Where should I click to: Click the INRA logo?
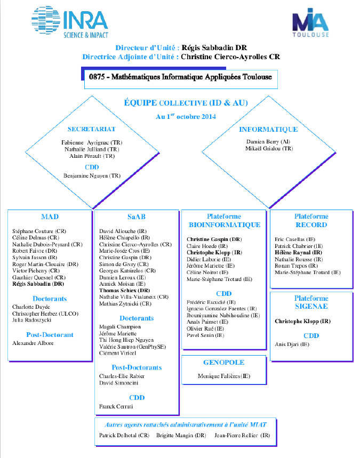coord(70,22)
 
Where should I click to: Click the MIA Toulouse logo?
coord(310,23)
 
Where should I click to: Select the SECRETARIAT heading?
coord(92,129)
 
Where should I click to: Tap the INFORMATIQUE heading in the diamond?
coord(268,130)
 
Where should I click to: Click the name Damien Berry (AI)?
coord(268,142)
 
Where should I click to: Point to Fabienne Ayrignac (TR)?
coord(92,142)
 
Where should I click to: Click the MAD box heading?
coord(50,216)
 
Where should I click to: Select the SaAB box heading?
coord(137,216)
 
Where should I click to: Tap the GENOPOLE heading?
coord(224,363)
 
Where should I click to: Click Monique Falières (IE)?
coord(224,376)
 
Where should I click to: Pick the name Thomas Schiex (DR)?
coord(124,291)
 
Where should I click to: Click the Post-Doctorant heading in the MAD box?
coord(50,335)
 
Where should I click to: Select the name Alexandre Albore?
coord(33,343)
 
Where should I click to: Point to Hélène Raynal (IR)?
coord(298,253)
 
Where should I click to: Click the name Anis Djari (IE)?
coord(292,344)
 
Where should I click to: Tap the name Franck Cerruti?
coord(116,406)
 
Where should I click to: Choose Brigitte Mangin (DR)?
coord(181,435)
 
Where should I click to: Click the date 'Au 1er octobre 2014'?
coord(186,117)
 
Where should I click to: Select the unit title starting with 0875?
coord(180,77)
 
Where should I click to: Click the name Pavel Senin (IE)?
coord(205,335)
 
